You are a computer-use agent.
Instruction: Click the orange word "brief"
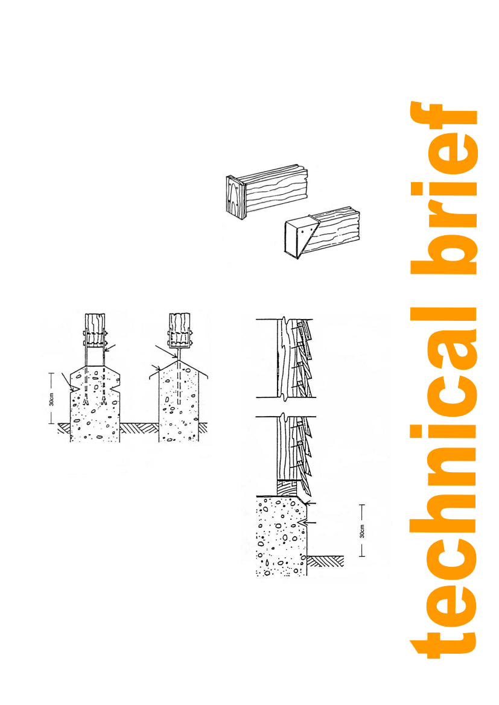pos(443,188)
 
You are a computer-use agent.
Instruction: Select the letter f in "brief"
pos(443,123)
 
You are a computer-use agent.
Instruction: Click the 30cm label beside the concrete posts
pos(51,399)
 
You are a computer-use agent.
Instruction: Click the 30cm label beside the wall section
pos(362,531)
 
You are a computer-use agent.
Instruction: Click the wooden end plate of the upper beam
pos(236,197)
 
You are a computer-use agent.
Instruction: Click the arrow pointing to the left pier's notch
pos(68,381)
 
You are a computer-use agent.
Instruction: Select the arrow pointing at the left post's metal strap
pos(110,347)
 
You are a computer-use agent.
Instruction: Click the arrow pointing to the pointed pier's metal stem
pos(165,352)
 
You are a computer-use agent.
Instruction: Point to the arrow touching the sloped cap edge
pos(155,367)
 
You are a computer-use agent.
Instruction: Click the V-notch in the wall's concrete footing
pos(302,523)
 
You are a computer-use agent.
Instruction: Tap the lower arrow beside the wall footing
pos(309,523)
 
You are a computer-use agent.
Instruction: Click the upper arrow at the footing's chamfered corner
pos(310,502)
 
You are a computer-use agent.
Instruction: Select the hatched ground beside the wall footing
pos(325,561)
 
